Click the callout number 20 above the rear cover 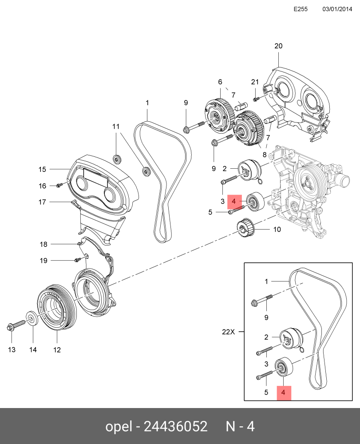coord(278,46)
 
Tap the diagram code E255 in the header coord(301,9)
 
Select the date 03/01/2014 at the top coord(337,9)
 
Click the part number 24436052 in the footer coord(176,426)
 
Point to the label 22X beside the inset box coord(229,332)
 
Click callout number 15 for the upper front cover coord(42,169)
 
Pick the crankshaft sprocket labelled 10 coord(245,227)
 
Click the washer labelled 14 coord(32,319)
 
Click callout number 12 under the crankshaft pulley coord(57,350)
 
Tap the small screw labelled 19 coord(77,260)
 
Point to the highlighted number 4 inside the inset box coord(283,392)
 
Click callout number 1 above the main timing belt coord(147,103)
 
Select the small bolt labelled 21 coord(256,99)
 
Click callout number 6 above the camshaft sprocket coord(220,82)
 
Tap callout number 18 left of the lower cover coord(44,244)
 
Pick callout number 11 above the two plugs coord(116,126)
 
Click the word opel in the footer coord(119,426)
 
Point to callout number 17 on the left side coord(42,202)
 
